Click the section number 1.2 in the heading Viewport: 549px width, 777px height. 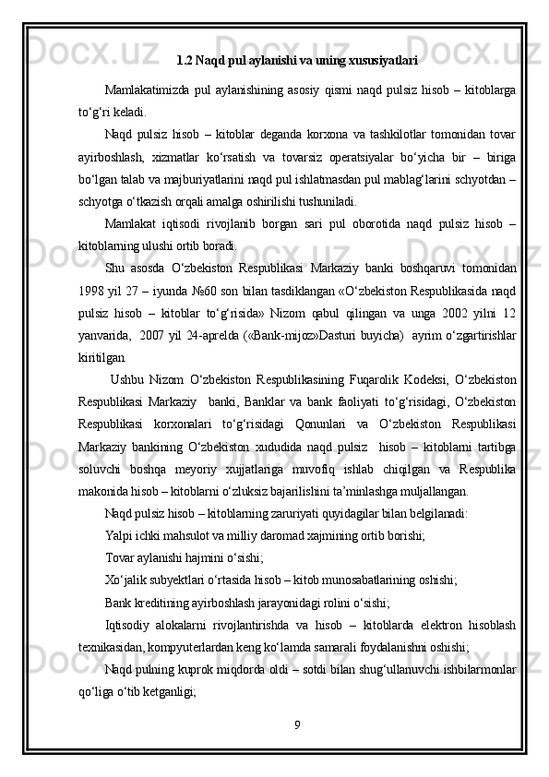tap(183, 61)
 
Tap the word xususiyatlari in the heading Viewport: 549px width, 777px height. tap(388, 61)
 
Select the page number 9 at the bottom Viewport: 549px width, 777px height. tap(296, 723)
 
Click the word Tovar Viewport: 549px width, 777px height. tap(121, 559)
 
